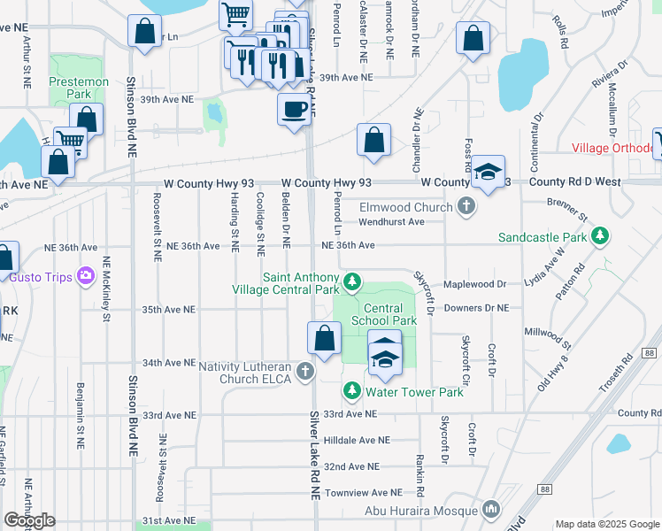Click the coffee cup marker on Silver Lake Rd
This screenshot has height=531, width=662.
click(294, 110)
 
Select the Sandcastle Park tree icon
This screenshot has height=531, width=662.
click(601, 236)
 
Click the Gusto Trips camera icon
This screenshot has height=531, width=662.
click(85, 276)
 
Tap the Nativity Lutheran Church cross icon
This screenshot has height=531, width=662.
click(305, 370)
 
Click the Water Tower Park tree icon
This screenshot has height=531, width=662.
click(351, 390)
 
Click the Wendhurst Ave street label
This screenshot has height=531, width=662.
click(393, 221)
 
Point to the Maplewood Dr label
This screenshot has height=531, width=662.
click(475, 284)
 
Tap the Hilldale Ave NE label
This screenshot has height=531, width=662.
click(357, 440)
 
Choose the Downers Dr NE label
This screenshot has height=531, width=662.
click(476, 308)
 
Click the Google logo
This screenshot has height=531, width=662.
click(30, 520)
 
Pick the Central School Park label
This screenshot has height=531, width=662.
click(383, 313)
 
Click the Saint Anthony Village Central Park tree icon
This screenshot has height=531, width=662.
click(352, 282)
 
